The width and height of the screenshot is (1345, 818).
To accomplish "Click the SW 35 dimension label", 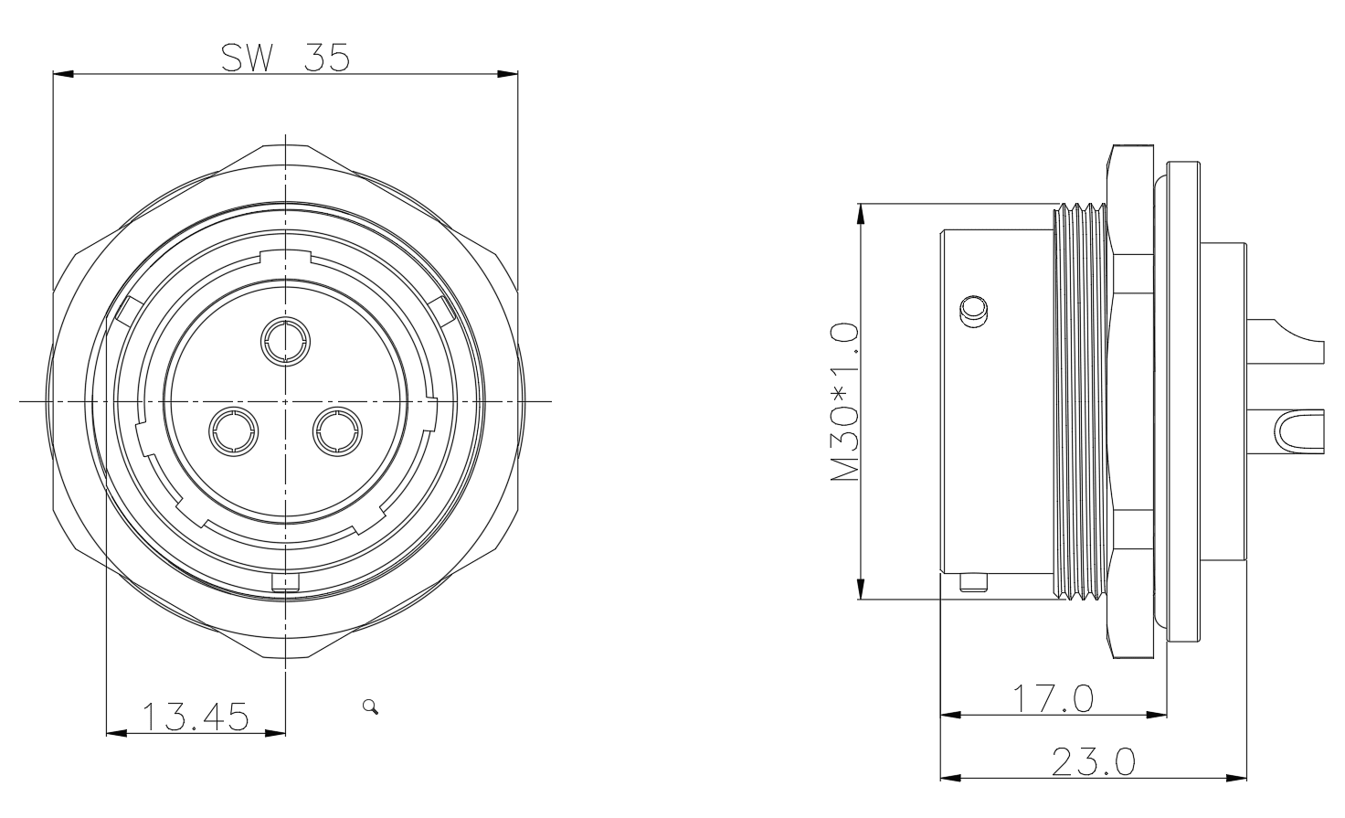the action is click(x=285, y=58).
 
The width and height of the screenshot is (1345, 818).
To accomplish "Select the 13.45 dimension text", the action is click(x=196, y=717).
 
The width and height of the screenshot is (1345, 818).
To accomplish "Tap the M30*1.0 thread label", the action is click(x=844, y=402).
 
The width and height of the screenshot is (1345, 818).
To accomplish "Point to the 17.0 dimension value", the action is click(x=1053, y=698).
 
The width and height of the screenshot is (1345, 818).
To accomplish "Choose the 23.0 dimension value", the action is click(x=1094, y=761).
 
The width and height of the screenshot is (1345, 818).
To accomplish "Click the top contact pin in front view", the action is click(x=286, y=341).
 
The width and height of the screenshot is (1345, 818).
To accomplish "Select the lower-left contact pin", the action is click(x=234, y=431).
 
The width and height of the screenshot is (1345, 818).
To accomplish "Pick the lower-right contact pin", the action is click(x=337, y=431).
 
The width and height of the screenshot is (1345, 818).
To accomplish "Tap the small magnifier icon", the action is click(x=370, y=706).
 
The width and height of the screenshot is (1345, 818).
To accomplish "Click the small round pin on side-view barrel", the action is click(x=973, y=312).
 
